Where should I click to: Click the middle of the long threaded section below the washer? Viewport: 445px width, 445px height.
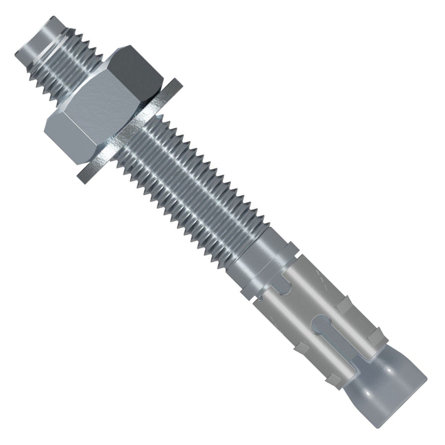pyautogui.click(x=189, y=195)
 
